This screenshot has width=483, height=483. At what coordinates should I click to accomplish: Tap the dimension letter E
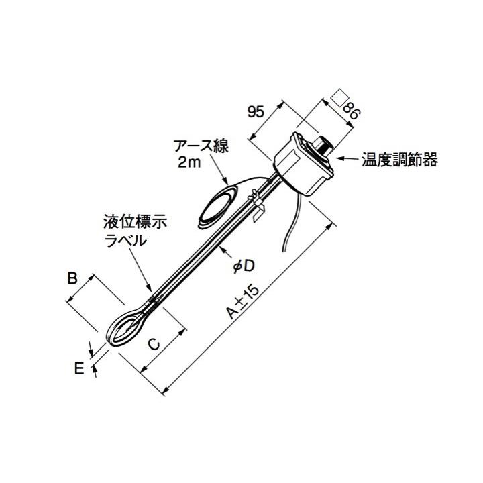click(78, 368)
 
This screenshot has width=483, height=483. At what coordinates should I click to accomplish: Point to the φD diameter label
click(243, 266)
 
